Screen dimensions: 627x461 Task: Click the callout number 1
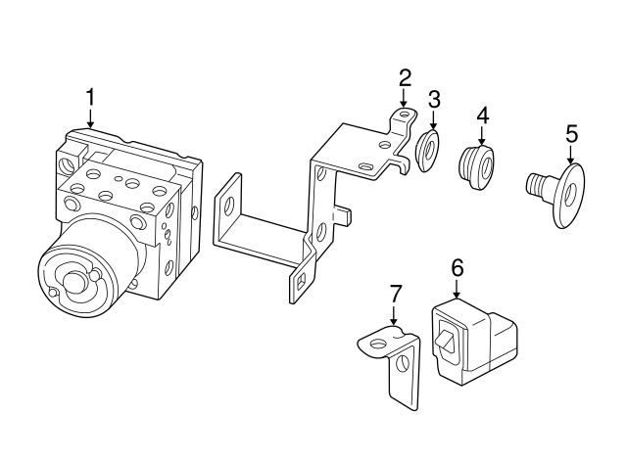[x=91, y=97]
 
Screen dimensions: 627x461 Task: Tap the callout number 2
[x=405, y=78]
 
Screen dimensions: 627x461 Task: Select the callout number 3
[x=434, y=99]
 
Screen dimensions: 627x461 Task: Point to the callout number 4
[x=482, y=115]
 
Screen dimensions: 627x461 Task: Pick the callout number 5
[x=572, y=134]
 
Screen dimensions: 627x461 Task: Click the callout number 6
[x=458, y=267]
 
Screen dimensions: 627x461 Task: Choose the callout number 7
[x=394, y=294]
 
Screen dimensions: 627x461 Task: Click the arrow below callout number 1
[x=91, y=118]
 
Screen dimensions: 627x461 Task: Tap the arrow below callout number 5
[x=571, y=155]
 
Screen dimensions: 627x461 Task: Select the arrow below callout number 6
[x=457, y=289]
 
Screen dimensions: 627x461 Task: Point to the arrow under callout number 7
[x=394, y=315]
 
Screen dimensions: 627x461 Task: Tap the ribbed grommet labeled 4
[x=476, y=167]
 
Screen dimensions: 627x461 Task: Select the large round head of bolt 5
[x=569, y=196]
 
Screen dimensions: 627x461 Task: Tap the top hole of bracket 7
[x=377, y=344]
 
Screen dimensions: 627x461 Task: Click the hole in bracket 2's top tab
[x=404, y=114]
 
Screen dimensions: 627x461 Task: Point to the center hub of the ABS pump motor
[x=74, y=283]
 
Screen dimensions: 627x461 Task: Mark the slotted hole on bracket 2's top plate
[x=365, y=165]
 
